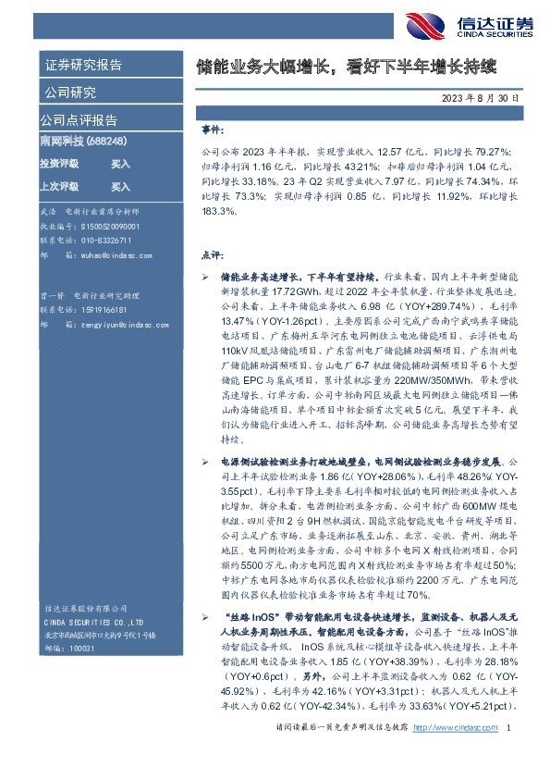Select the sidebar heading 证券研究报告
tap(82, 66)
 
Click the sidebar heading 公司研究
tap(69, 93)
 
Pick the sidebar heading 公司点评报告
tap(79, 120)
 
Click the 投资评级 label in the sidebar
tap(59, 163)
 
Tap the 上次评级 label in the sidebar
tap(59, 185)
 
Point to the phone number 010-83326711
tap(94, 240)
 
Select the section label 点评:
tap(213, 253)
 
